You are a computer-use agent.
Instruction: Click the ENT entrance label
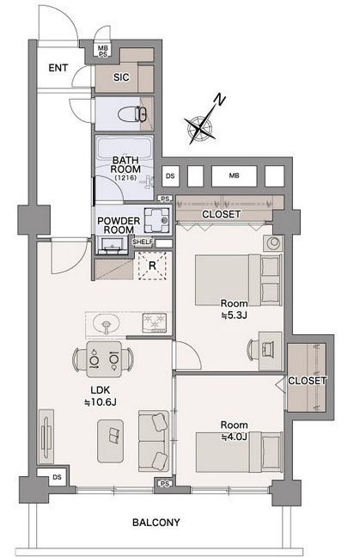(x=58, y=68)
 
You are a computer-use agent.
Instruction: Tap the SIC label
(x=121, y=77)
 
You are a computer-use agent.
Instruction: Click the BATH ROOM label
(x=125, y=164)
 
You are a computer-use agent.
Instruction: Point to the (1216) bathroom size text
(x=125, y=178)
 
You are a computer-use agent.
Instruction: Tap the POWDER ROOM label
(x=119, y=225)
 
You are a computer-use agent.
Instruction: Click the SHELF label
(x=143, y=242)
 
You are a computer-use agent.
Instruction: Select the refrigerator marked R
(x=152, y=266)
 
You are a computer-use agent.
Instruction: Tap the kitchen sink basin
(x=106, y=324)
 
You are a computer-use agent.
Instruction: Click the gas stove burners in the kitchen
(x=155, y=322)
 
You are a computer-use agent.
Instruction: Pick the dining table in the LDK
(x=104, y=359)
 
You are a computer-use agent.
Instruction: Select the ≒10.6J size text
(x=101, y=402)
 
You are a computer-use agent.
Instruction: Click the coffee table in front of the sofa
(x=111, y=441)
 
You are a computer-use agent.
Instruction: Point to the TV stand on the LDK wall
(x=46, y=437)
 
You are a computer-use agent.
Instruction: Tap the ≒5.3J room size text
(x=234, y=315)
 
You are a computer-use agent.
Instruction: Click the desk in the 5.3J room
(x=270, y=350)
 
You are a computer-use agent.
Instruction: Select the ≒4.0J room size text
(x=234, y=436)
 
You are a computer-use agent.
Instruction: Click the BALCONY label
(x=156, y=523)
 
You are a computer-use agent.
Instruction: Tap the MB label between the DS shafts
(x=234, y=175)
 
